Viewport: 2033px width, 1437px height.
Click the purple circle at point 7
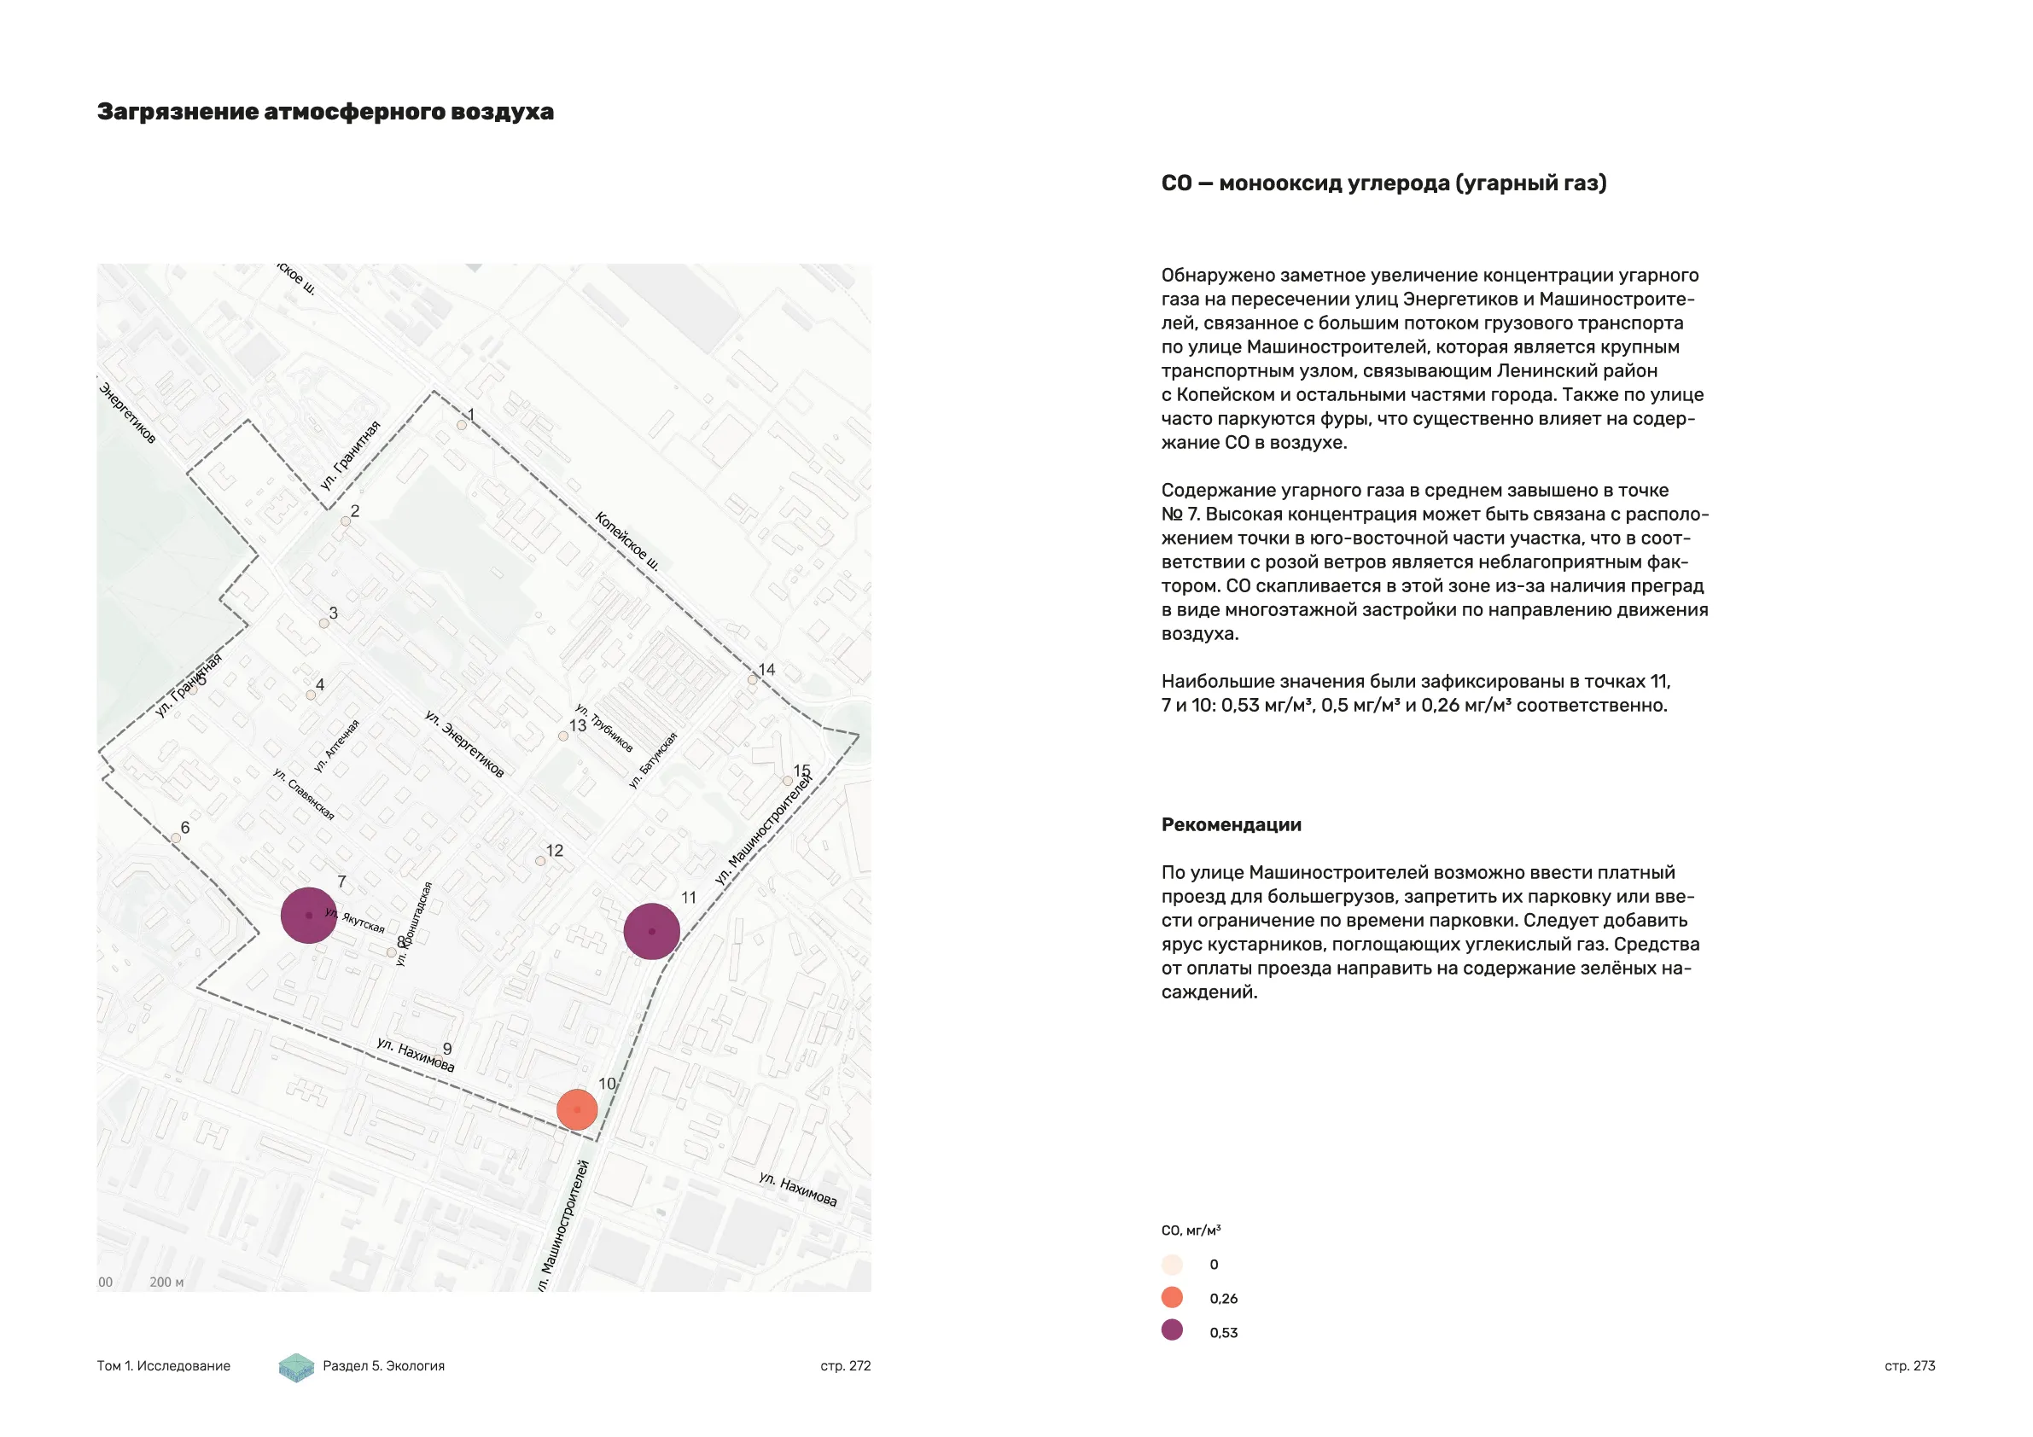click(308, 915)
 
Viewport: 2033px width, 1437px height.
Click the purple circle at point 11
click(652, 931)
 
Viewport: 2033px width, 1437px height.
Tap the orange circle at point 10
click(577, 1109)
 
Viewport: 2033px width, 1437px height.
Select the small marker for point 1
click(462, 425)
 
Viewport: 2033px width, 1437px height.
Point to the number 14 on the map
click(766, 669)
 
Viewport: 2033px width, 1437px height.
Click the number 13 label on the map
click(577, 725)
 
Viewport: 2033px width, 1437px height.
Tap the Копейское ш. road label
click(627, 540)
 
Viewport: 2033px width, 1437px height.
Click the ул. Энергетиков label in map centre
click(464, 744)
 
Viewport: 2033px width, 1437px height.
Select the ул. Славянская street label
click(304, 794)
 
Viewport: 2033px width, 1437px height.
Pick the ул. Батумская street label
click(653, 759)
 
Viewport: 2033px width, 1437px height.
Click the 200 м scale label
click(166, 1282)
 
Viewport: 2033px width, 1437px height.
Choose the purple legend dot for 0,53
click(1172, 1329)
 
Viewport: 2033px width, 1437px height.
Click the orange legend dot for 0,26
click(1172, 1297)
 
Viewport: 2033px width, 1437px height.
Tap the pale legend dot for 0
click(1172, 1265)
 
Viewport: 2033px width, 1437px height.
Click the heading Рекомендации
click(1231, 824)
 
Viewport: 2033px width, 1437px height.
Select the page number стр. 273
click(1909, 1365)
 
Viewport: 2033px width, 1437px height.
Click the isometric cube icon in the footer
click(296, 1367)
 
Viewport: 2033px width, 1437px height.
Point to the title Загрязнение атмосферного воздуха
click(325, 112)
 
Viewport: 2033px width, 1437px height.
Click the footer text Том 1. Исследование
click(163, 1365)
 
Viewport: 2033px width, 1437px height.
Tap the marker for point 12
click(540, 861)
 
